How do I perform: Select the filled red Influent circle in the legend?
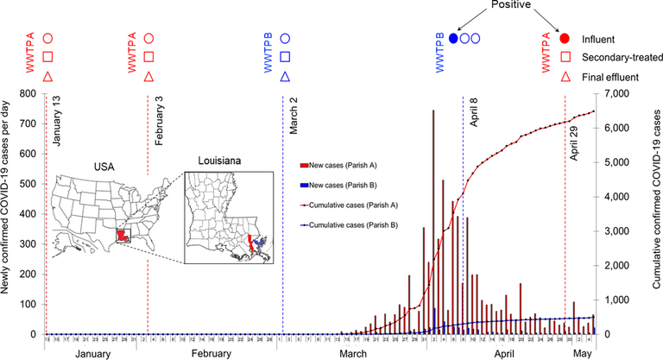coord(565,39)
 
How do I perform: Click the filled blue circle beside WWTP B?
coord(454,39)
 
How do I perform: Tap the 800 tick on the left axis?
coord(28,93)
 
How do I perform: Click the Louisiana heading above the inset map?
coord(219,161)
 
